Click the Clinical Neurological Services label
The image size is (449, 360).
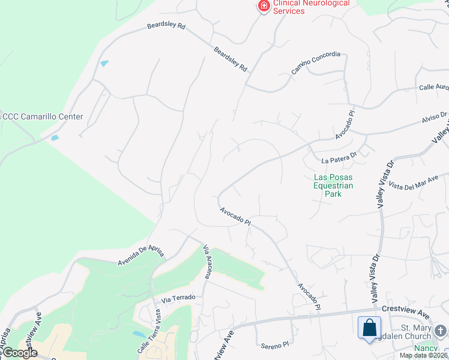[x=311, y=7]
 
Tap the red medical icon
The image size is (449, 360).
[x=263, y=6]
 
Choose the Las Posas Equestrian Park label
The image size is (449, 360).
[x=333, y=185]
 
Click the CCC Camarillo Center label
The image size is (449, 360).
[x=42, y=116]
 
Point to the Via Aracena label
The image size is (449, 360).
[x=208, y=262]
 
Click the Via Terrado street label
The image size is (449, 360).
[x=175, y=298]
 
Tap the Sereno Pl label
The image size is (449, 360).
[x=275, y=346]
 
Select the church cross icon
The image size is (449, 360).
[x=441, y=331]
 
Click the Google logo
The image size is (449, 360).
[x=19, y=353]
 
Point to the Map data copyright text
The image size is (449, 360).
[x=423, y=355]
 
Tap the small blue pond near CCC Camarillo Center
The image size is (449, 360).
[x=55, y=138]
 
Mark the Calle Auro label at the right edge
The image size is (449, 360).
[x=433, y=88]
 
